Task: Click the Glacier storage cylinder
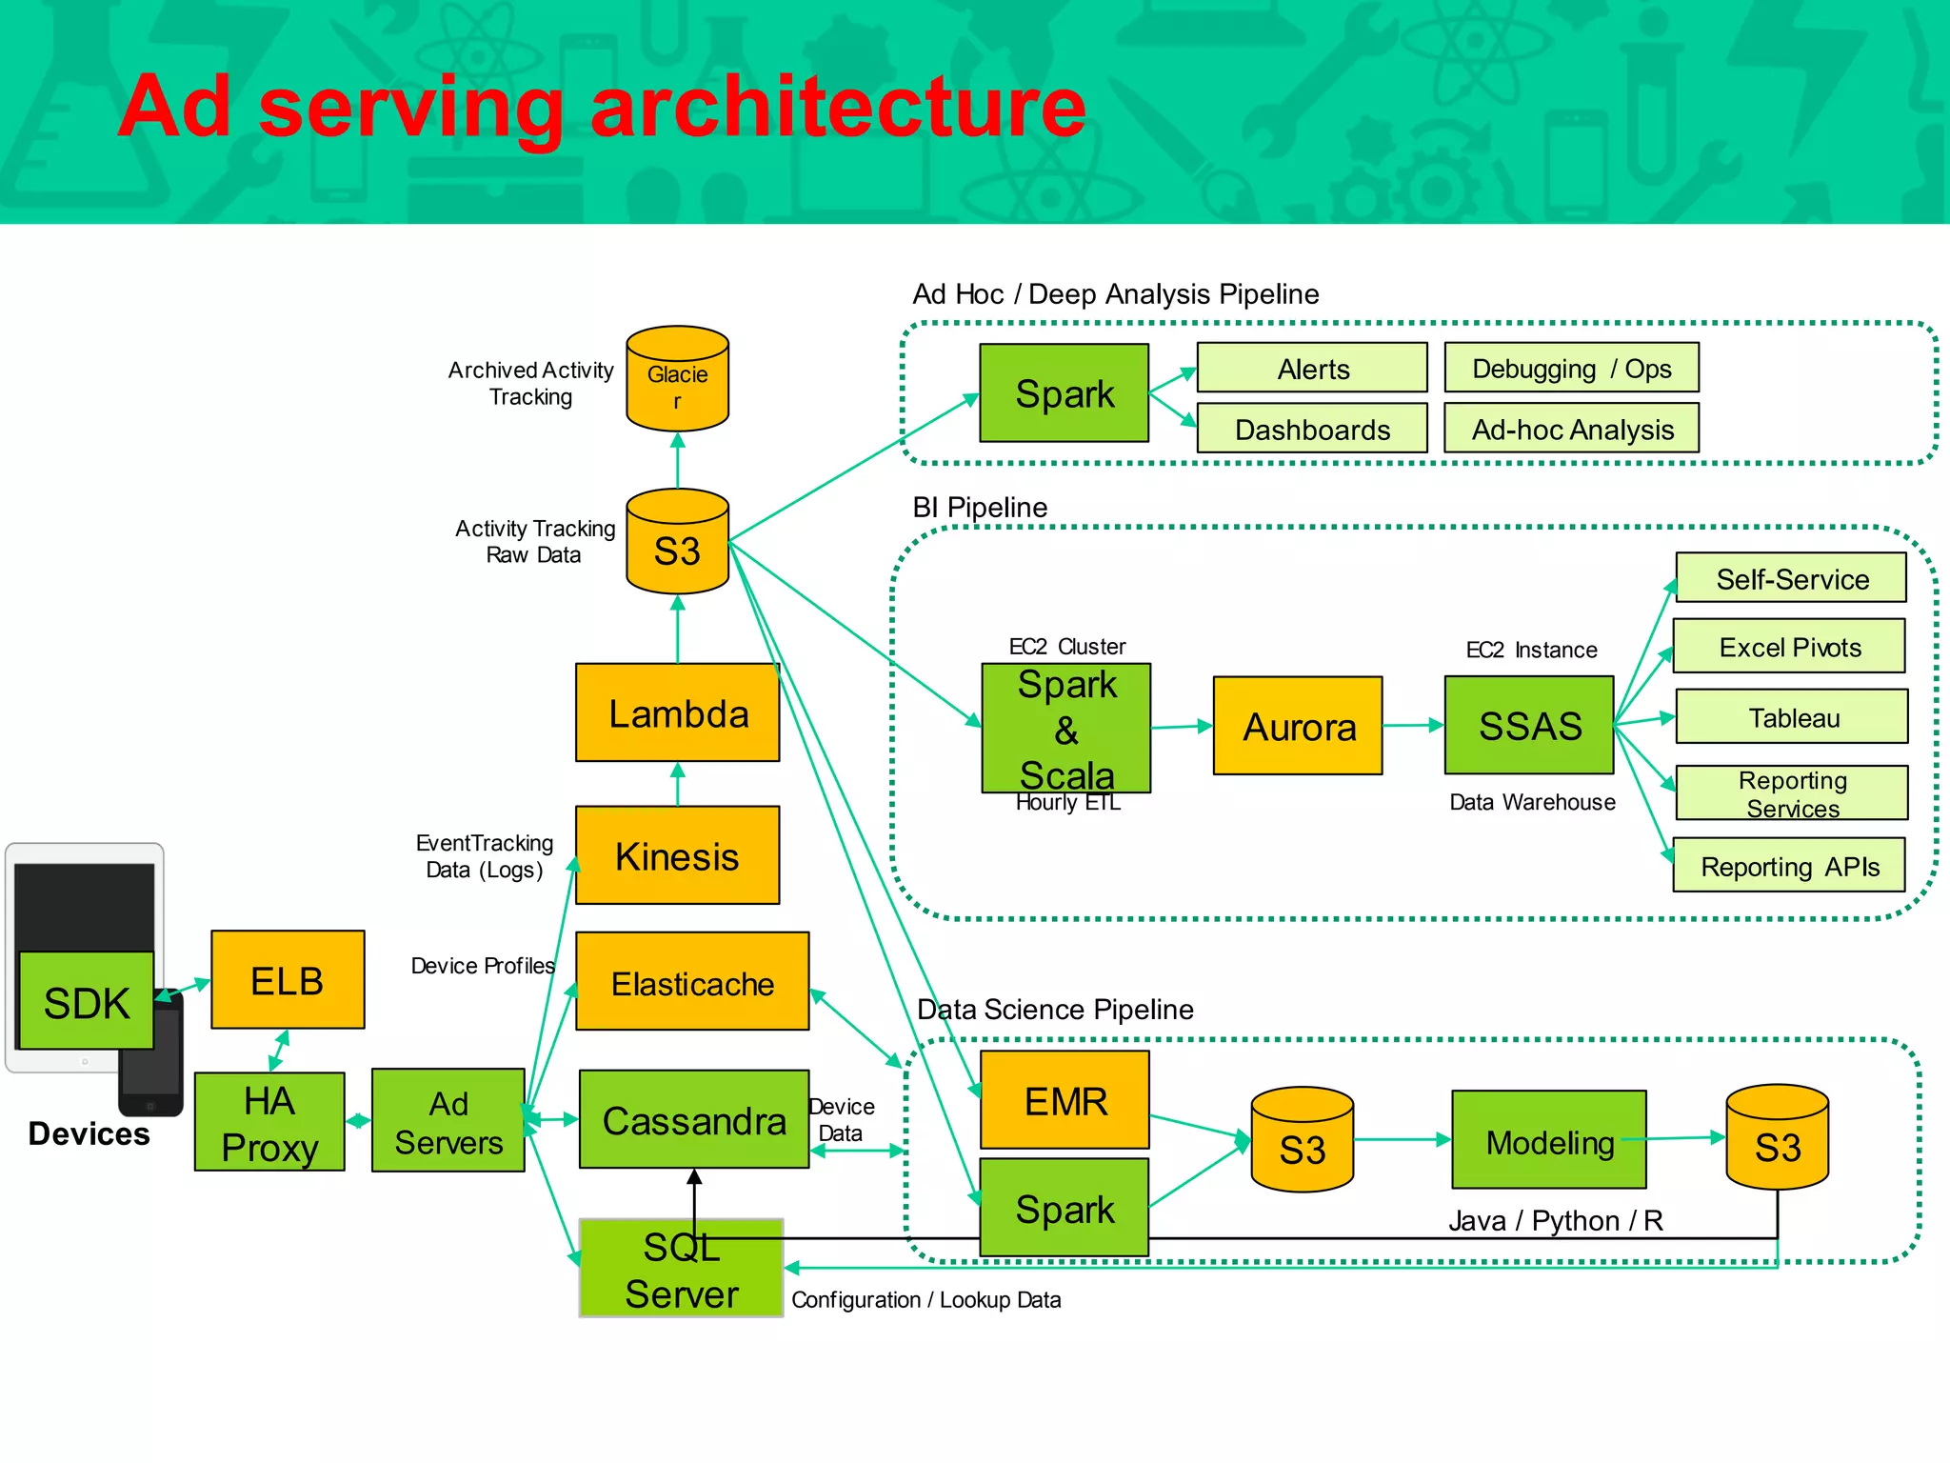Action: tap(677, 379)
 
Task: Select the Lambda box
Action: tap(677, 712)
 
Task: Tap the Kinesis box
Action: tap(677, 855)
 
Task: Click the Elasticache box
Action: tap(692, 982)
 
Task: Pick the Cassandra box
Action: tap(694, 1119)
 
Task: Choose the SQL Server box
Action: tap(681, 1269)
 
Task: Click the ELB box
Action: tap(288, 980)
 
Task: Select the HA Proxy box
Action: tap(269, 1122)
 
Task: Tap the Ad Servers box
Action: tap(448, 1121)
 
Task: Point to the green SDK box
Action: tap(86, 1001)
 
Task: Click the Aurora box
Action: tap(1298, 726)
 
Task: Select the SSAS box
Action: tap(1529, 726)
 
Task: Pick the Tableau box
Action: tap(1792, 717)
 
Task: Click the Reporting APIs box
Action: tap(1789, 866)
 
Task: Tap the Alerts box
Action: tap(1312, 369)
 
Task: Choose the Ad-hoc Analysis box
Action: tap(1571, 429)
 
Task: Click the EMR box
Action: tap(1065, 1100)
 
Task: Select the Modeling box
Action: tap(1549, 1140)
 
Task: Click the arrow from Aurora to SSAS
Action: tap(1413, 726)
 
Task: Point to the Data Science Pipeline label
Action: tap(1055, 1009)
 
